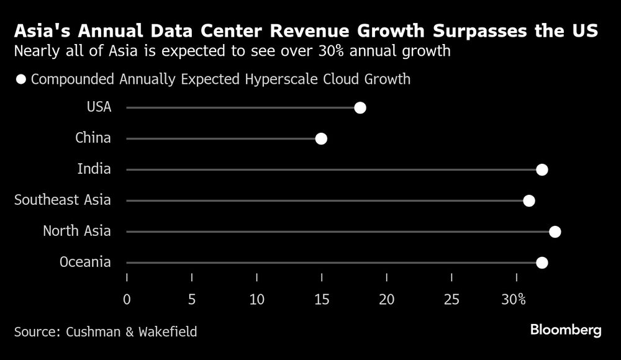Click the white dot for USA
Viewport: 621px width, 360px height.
pos(360,108)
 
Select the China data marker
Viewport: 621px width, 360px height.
pos(321,138)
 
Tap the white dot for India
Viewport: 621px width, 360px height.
pos(542,169)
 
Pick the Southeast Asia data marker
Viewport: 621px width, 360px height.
pos(529,200)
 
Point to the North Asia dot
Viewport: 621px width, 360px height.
pos(555,232)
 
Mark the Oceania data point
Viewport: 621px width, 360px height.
pos(542,263)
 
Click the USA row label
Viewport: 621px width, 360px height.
pos(99,107)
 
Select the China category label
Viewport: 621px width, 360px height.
pos(93,138)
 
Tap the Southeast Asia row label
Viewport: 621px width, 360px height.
pos(62,200)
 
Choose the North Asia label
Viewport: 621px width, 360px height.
pos(76,231)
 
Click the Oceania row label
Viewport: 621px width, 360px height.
pos(85,262)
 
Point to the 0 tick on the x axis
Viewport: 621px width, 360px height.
pos(127,299)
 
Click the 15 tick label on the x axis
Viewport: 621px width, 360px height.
pos(322,299)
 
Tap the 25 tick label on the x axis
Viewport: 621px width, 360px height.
pos(451,299)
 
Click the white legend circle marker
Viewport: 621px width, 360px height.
pos(22,79)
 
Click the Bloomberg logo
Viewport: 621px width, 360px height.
pos(566,330)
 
